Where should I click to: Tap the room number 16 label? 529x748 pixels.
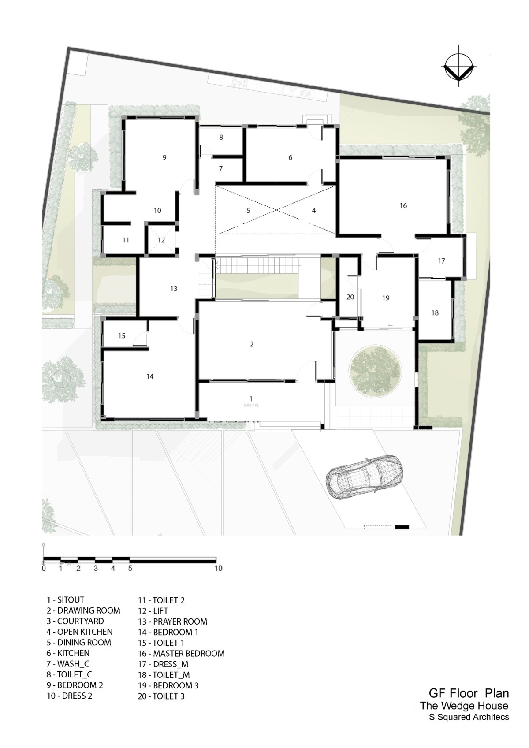[403, 206]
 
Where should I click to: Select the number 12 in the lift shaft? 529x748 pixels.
[161, 240]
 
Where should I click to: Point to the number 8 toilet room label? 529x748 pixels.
[221, 137]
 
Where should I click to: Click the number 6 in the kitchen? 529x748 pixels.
[290, 158]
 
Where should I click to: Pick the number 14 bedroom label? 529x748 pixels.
[150, 376]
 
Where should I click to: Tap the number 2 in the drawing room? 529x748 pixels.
[252, 344]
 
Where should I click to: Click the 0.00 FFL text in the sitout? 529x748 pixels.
[251, 406]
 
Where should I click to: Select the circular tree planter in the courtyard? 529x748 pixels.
[375, 371]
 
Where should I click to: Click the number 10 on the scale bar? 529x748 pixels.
[218, 568]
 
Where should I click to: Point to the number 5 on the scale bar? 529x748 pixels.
[130, 568]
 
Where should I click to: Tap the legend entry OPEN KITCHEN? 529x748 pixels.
[85, 632]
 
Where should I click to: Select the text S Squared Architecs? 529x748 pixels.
[469, 717]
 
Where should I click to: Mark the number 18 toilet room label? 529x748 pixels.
[435, 313]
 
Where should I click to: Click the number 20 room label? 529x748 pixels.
[350, 297]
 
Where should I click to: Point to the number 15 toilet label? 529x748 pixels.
[122, 335]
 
